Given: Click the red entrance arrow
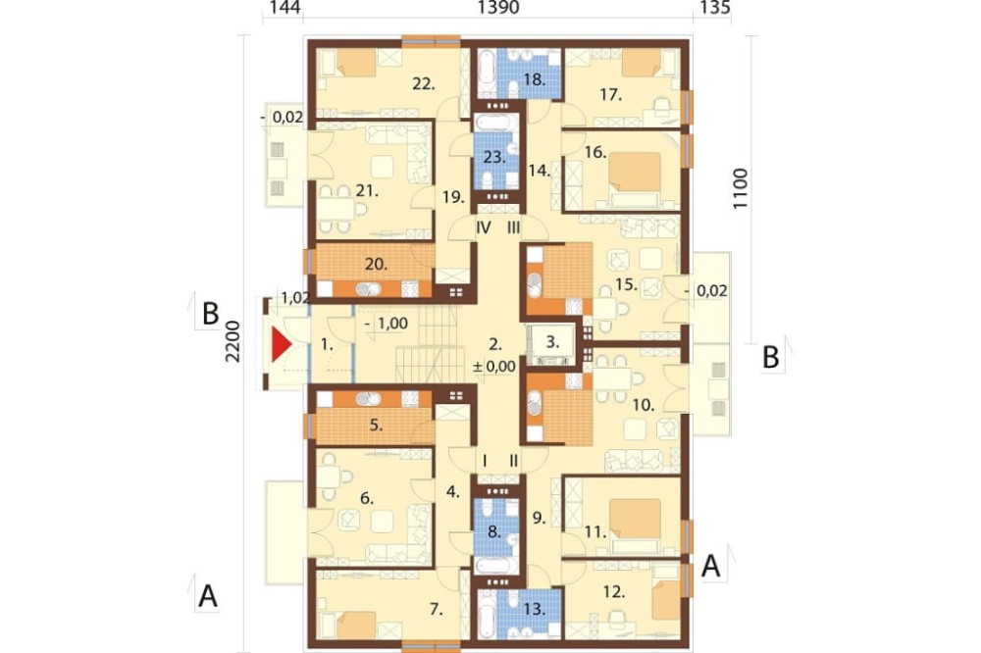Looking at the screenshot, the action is click(281, 346).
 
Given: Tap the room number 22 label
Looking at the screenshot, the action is click(424, 82).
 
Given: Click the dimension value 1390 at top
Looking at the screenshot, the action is click(498, 8).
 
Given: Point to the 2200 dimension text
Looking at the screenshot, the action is click(232, 341).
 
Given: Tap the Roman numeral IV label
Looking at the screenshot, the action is click(483, 227).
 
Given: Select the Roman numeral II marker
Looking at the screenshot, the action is click(514, 462).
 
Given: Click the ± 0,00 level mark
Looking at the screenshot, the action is click(494, 367).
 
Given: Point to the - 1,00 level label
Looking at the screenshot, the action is click(386, 324).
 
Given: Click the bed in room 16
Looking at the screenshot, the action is click(634, 178).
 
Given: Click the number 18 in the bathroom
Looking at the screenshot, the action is click(535, 79).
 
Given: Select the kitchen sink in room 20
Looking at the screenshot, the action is click(367, 289).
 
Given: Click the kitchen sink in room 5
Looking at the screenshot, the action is click(367, 398).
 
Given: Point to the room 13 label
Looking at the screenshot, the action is click(535, 609).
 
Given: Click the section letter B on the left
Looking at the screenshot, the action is click(210, 314).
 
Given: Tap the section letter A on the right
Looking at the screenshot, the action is click(710, 566).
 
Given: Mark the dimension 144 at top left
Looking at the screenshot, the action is click(284, 8).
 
